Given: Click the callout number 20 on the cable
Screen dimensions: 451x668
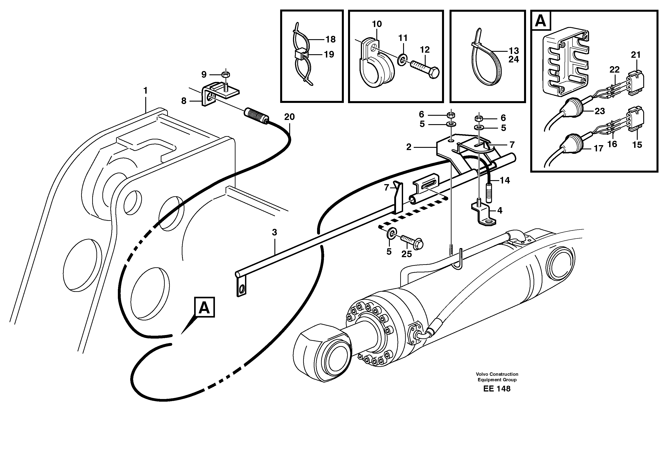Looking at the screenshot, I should pos(289,117).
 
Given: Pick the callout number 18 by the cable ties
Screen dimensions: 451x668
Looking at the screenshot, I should pos(330,39).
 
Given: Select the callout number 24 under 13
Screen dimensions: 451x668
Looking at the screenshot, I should pos(514,60).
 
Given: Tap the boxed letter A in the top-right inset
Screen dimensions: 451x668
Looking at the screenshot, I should pos(541,21).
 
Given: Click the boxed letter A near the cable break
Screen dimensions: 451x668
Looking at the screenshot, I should pos(204,307).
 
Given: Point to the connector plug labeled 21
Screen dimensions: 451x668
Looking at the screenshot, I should pos(635,83).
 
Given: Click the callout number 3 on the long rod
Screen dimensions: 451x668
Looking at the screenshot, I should pos(274,232).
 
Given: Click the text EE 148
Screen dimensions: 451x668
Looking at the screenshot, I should pos(497,389).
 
